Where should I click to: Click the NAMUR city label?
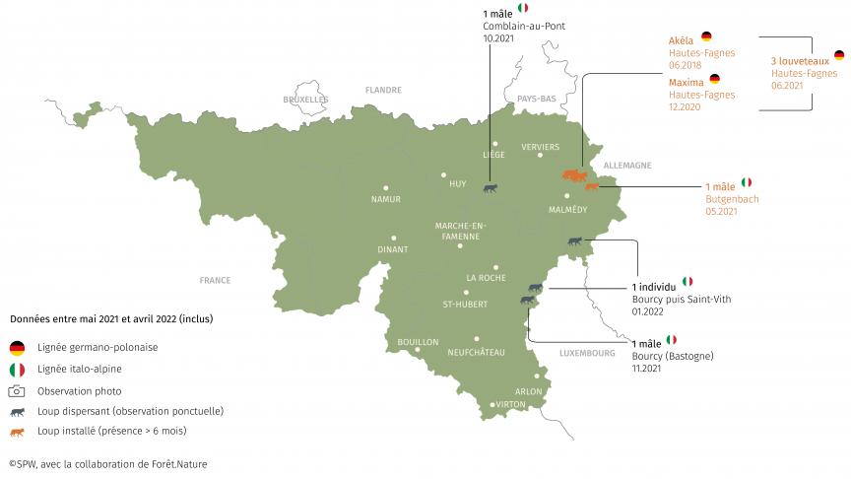tap(386, 199)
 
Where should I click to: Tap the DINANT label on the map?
tap(392, 249)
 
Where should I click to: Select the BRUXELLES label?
tap(305, 100)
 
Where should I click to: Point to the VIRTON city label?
tap(510, 404)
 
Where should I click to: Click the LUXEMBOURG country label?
tap(586, 352)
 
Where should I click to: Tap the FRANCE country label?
tap(215, 280)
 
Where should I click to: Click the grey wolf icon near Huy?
tap(489, 188)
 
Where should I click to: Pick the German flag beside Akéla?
tap(705, 37)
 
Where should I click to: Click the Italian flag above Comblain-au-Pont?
tap(523, 9)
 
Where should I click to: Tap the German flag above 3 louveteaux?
tap(839, 56)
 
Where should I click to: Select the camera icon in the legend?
tap(17, 390)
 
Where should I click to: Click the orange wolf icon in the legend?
tap(17, 432)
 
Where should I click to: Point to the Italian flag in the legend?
tap(17, 370)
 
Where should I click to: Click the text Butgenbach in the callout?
tap(732, 198)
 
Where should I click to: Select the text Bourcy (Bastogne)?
tap(672, 355)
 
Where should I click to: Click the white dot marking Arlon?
tap(538, 376)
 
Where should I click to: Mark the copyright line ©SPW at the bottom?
tap(108, 463)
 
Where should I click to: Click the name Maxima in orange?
tap(686, 81)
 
